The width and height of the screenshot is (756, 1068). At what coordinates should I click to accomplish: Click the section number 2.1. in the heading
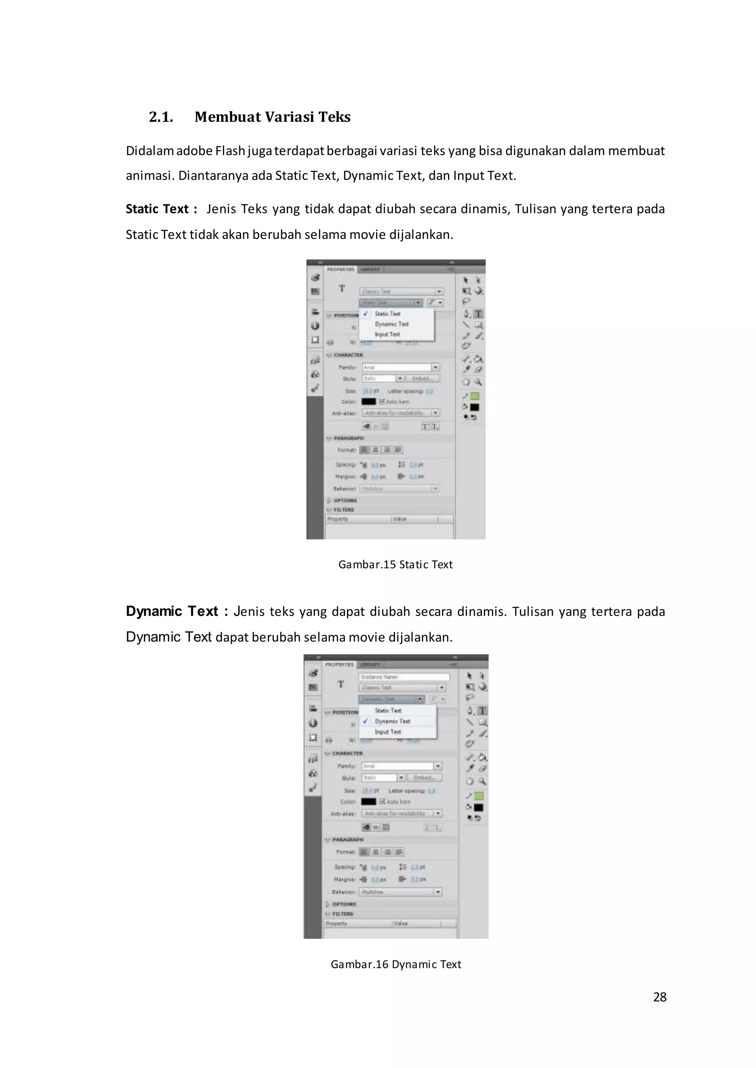coord(161,117)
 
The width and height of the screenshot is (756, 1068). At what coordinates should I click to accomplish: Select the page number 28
coord(660,997)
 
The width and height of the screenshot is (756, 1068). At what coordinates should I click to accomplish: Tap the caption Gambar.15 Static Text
coord(395,564)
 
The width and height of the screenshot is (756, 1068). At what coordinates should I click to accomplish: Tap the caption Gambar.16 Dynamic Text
coord(396,964)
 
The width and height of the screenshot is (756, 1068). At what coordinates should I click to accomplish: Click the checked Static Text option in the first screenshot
coord(387,314)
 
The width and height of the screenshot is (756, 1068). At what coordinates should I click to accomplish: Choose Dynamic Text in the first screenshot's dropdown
coord(392,324)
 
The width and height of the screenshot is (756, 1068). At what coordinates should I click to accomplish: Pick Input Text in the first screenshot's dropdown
coord(387,334)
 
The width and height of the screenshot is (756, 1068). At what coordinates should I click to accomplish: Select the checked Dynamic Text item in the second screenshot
coord(392,721)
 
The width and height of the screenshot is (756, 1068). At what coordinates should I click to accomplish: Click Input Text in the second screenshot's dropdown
coord(388,732)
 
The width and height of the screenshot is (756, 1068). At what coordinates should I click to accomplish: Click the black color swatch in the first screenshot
coord(369,402)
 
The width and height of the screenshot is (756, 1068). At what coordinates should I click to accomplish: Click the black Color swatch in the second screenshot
coord(369,801)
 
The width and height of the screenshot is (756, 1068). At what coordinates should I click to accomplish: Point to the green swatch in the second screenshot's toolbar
coord(478,796)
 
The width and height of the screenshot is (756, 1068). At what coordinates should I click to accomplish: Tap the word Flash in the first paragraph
coord(230,151)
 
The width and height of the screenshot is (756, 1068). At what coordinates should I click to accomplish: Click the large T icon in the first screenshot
coord(342,288)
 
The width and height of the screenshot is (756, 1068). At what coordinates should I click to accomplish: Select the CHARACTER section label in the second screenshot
coord(347,753)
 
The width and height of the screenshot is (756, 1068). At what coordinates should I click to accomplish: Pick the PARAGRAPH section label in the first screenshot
coord(349,438)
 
